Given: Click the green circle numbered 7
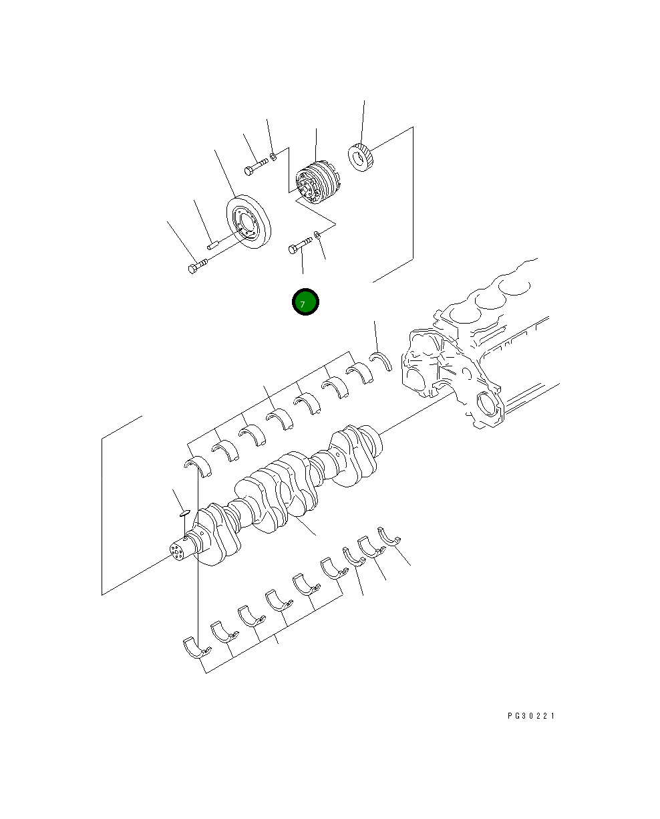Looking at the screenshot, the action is pyautogui.click(x=305, y=302).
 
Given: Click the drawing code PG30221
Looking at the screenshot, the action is pyautogui.click(x=531, y=716).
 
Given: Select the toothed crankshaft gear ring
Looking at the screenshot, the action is pyautogui.click(x=361, y=157).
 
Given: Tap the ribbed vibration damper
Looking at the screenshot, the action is pyautogui.click(x=318, y=183).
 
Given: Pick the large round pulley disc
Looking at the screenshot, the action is pyautogui.click(x=249, y=221).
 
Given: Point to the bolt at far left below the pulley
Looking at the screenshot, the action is pyautogui.click(x=198, y=265).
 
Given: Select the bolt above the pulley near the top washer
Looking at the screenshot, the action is pyautogui.click(x=256, y=166).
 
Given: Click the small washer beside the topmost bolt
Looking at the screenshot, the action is pyautogui.click(x=273, y=156).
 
